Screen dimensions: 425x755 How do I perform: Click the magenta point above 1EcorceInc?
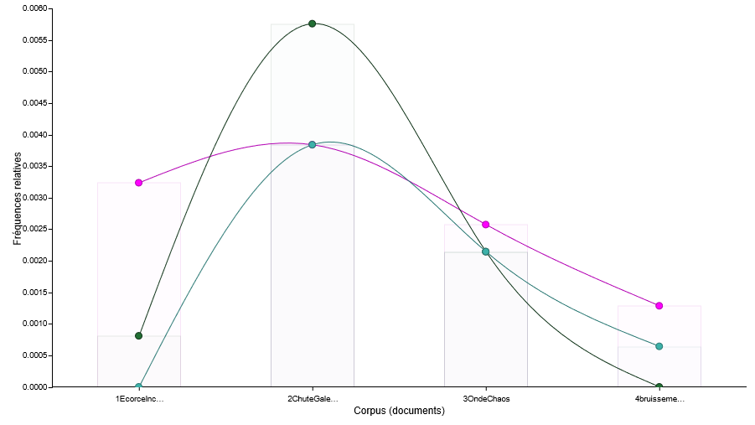(x=138, y=183)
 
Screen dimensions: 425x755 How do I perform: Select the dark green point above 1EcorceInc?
(x=138, y=335)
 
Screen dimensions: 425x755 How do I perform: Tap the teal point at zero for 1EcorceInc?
(x=138, y=386)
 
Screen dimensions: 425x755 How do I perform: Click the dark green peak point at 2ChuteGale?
(x=312, y=23)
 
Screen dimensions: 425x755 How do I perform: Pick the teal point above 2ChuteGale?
(x=312, y=145)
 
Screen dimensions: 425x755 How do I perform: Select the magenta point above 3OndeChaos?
(x=485, y=225)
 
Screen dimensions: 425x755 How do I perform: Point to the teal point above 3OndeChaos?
(x=485, y=251)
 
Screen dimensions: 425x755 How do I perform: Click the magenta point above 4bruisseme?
(x=659, y=306)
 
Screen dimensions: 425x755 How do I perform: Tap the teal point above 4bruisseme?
(x=659, y=346)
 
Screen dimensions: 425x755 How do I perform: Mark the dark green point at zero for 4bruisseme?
(x=659, y=386)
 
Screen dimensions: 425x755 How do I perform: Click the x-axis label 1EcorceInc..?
(x=139, y=399)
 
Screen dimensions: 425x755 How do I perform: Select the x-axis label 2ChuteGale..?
(x=313, y=399)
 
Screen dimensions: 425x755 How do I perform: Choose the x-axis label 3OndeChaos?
(x=486, y=399)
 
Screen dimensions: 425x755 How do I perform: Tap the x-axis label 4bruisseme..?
(x=659, y=399)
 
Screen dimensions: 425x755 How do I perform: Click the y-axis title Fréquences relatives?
(x=18, y=199)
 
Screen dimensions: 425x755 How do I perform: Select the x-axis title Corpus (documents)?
(x=399, y=412)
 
